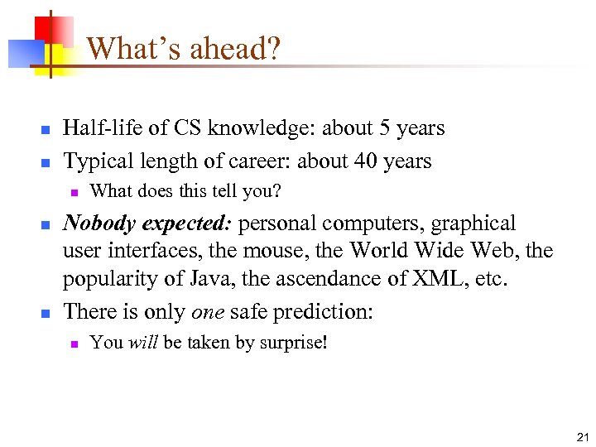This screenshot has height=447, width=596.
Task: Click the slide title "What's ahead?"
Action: (x=183, y=49)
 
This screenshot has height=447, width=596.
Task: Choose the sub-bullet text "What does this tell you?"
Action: (x=185, y=192)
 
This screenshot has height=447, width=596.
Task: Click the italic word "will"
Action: (x=143, y=342)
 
